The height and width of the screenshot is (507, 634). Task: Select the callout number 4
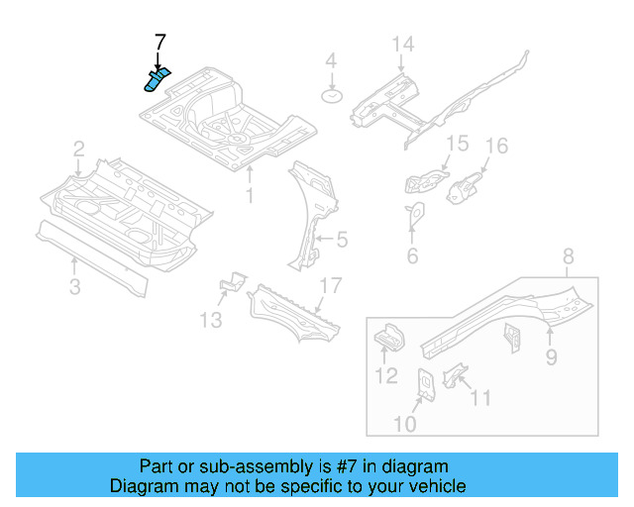click(x=331, y=61)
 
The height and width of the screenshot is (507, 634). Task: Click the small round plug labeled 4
click(x=331, y=96)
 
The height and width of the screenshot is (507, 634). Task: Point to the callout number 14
click(x=401, y=44)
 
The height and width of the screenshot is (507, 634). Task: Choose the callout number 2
click(x=78, y=150)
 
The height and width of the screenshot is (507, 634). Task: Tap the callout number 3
click(x=75, y=287)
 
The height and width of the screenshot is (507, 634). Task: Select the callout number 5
click(x=341, y=239)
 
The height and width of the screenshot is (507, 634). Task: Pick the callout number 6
click(x=412, y=256)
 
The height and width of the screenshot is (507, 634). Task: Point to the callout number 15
click(x=455, y=145)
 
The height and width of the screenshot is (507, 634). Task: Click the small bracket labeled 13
click(x=232, y=282)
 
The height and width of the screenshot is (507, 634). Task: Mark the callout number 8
click(x=568, y=258)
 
